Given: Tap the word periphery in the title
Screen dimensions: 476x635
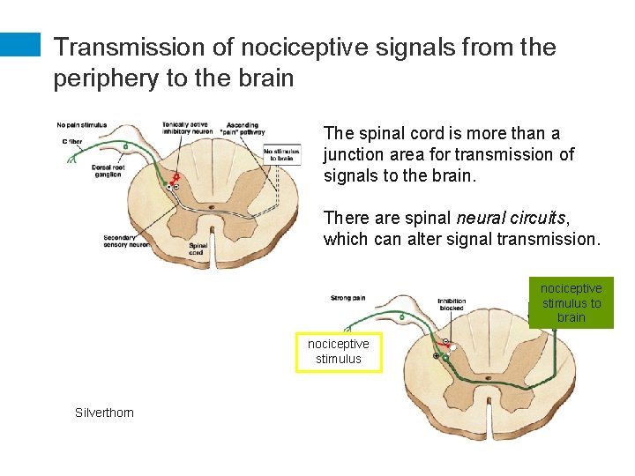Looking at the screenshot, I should point(105,78).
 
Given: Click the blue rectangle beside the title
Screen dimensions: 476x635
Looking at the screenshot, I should point(20,46).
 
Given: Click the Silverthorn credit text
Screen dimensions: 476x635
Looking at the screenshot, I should point(105,412).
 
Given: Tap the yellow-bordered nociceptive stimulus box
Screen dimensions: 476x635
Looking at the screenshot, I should point(339,352).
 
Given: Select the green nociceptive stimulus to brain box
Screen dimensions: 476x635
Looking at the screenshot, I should point(571,302).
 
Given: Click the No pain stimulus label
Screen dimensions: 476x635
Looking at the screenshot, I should point(82,124).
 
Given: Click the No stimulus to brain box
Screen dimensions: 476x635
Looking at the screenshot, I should point(282,155).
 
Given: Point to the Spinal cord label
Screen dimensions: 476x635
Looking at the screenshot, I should point(198,249).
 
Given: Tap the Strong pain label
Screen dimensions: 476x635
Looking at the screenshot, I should point(347,298).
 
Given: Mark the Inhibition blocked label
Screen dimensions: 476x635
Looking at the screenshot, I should point(452,305).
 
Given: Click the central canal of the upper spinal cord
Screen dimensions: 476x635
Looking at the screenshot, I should point(210,208).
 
